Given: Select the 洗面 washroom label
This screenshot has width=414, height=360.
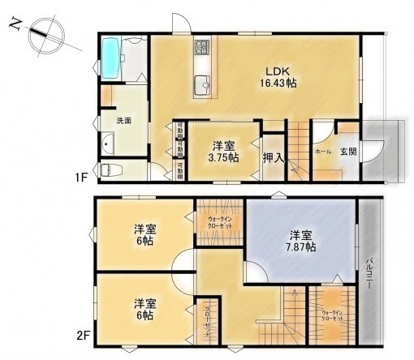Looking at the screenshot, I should (x=123, y=120).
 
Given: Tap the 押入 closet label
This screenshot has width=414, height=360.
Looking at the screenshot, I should (x=274, y=157).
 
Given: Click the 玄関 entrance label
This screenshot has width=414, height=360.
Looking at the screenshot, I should (x=347, y=151).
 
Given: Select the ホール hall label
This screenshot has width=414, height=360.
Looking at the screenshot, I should (x=322, y=152).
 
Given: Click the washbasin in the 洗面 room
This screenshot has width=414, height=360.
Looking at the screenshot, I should (x=110, y=144).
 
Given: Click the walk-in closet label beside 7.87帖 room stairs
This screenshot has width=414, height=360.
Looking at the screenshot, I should (x=332, y=315).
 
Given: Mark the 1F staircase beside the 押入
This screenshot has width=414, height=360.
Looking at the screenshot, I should (x=297, y=154).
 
